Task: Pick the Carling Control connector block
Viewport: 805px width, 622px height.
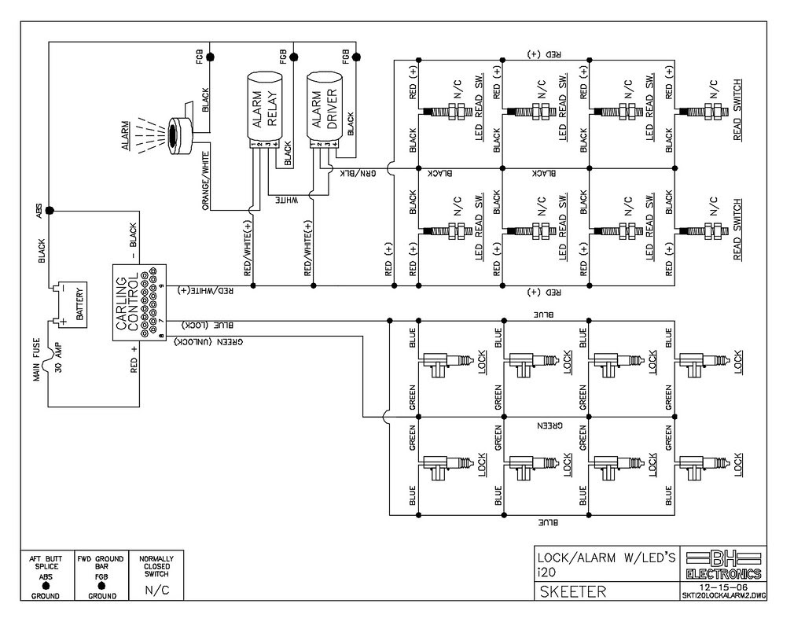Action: coord(139,303)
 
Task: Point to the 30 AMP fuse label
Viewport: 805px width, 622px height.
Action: coord(57,357)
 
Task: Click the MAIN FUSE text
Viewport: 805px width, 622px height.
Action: coord(36,359)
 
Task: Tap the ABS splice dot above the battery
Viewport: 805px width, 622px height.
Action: coord(50,211)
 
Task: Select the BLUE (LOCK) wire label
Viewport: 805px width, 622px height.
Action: coord(208,325)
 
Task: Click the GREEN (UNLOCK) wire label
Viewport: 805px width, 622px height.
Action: coord(208,341)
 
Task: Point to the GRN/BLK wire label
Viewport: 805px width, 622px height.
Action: coord(358,173)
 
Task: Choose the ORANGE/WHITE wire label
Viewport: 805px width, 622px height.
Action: coord(205,180)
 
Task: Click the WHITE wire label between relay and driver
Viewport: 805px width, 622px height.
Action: coord(287,199)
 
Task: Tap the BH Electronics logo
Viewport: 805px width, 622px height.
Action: coord(723,564)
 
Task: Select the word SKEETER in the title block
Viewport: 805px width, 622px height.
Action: coord(573,591)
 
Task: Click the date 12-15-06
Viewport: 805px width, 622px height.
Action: coord(723,587)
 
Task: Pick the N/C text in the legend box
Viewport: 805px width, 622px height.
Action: coord(157,591)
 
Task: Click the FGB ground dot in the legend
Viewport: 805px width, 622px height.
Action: coord(101,586)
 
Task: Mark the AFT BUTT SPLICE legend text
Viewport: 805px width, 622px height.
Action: coord(46,562)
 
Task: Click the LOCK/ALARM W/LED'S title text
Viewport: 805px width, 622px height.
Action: coord(606,558)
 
